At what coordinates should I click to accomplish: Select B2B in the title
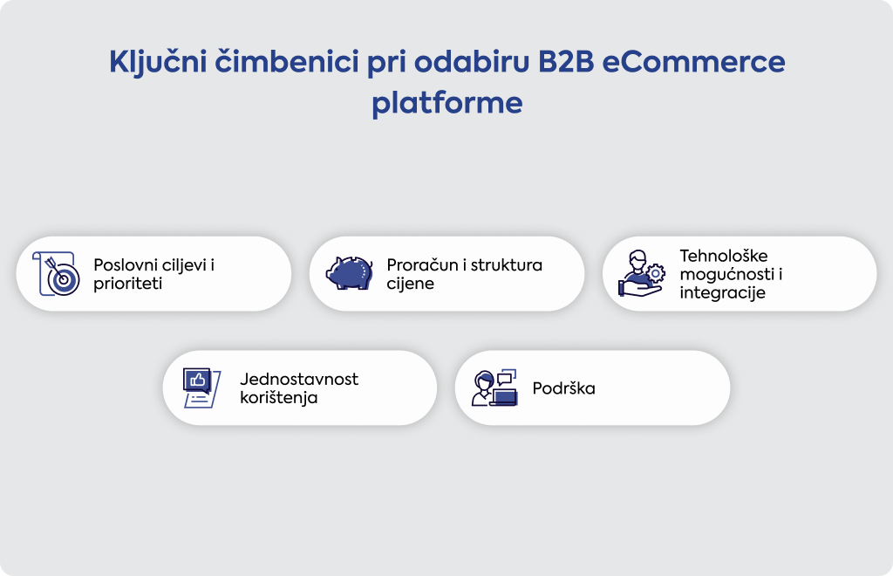(566, 62)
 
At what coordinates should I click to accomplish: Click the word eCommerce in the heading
(693, 62)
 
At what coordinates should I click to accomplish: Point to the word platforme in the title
(447, 104)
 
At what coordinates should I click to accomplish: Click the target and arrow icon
(56, 274)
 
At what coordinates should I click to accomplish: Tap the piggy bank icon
(349, 273)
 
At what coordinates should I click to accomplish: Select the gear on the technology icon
(656, 273)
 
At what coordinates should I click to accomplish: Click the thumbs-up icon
(197, 380)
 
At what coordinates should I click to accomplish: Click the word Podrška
(564, 388)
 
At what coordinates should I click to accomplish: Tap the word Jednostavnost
(299, 379)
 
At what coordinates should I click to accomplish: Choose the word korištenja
(278, 398)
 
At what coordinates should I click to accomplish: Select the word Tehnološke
(723, 255)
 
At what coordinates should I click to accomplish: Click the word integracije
(722, 293)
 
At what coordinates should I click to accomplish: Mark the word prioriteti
(127, 284)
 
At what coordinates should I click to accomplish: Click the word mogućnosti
(726, 274)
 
